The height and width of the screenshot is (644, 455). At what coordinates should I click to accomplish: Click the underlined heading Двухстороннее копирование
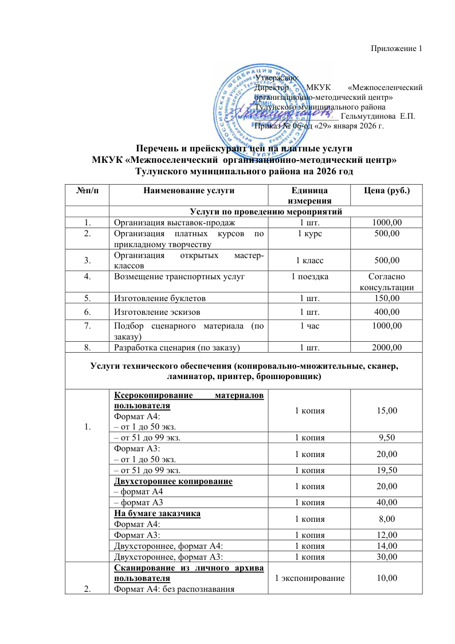pyautogui.click(x=173, y=481)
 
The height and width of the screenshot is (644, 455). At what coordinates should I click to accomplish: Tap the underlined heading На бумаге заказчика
pyautogui.click(x=157, y=514)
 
